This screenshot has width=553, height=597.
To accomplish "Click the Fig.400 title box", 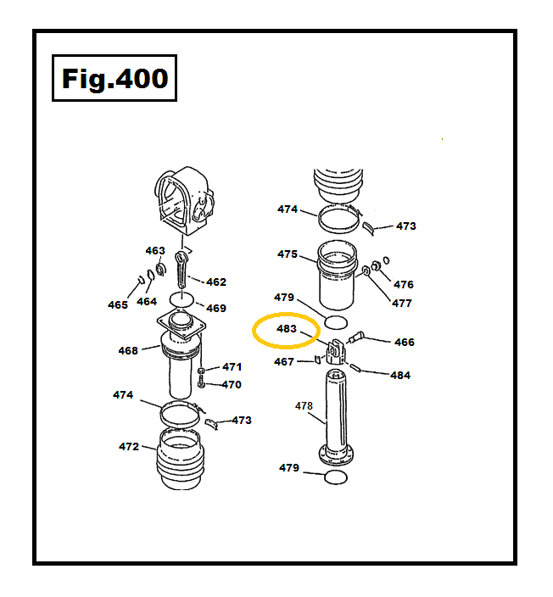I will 115,79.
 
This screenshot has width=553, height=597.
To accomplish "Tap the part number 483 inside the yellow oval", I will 286,329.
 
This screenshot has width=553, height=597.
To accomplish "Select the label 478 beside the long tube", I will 304,406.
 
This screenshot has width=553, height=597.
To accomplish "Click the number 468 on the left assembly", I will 128,350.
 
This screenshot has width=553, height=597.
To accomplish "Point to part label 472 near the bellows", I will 129,446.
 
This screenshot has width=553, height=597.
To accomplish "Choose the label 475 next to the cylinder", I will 287,254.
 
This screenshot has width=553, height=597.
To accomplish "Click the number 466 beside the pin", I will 405,342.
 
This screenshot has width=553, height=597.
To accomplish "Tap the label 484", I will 400,375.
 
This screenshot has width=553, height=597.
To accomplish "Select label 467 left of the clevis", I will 284,362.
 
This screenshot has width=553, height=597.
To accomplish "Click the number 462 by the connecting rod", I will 216,282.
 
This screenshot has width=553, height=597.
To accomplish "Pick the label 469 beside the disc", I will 216,308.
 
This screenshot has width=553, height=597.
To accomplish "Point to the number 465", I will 118,304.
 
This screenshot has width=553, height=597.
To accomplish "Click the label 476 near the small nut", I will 404,284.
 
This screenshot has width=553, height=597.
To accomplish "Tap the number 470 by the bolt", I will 231,384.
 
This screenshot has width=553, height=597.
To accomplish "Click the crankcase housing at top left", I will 185,200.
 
